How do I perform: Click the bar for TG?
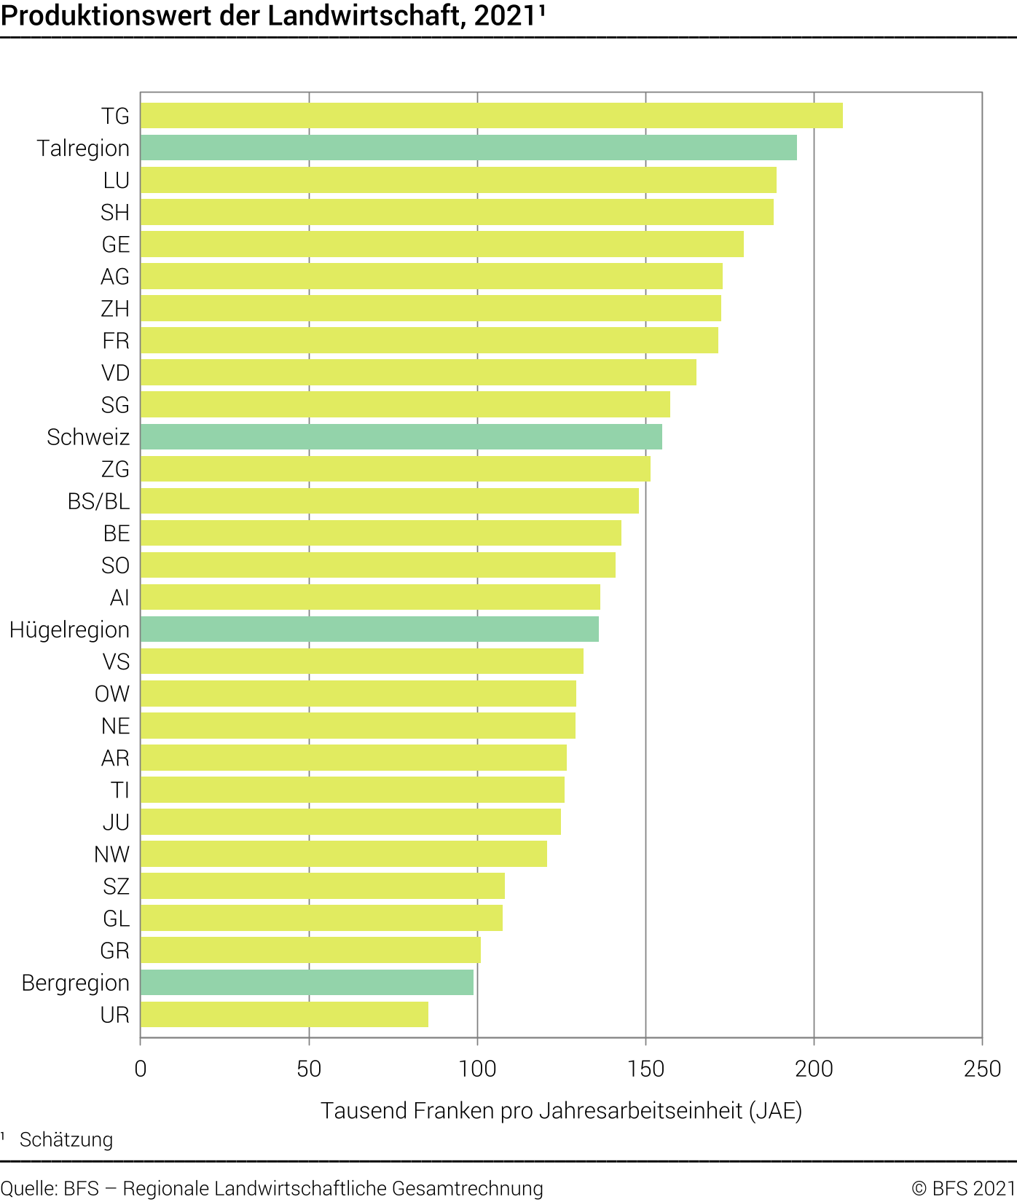point(492,116)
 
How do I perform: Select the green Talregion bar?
point(468,148)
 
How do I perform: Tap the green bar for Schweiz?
point(401,437)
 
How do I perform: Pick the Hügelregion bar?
point(369,629)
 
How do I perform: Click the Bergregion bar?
point(307,983)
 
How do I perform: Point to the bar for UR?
point(284,1015)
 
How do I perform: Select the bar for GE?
point(442,245)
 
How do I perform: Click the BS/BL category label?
point(98,501)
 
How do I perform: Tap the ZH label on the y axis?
point(115,309)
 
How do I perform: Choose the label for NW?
point(111,855)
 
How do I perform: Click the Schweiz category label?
point(88,437)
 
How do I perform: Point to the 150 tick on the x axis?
point(645,1069)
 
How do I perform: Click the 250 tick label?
point(982,1069)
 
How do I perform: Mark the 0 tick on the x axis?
point(141,1069)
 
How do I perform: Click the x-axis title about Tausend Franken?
point(561,1111)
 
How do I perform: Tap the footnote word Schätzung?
point(66,1140)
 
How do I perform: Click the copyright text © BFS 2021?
point(963,1188)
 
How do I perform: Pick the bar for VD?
point(418,373)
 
